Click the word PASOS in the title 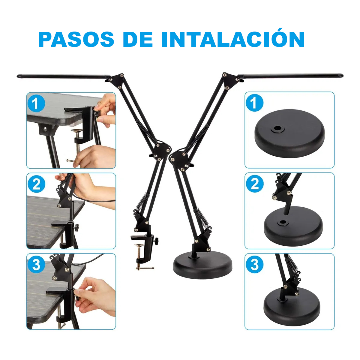[76, 39]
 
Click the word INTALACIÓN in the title [233, 39]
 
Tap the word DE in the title [138, 39]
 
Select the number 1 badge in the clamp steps [36, 104]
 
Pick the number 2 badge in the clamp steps [36, 184]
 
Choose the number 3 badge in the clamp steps [36, 265]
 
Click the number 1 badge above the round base [254, 103]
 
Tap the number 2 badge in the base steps [255, 184]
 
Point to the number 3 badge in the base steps [255, 265]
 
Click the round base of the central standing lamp [203, 265]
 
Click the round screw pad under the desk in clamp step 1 [77, 131]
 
